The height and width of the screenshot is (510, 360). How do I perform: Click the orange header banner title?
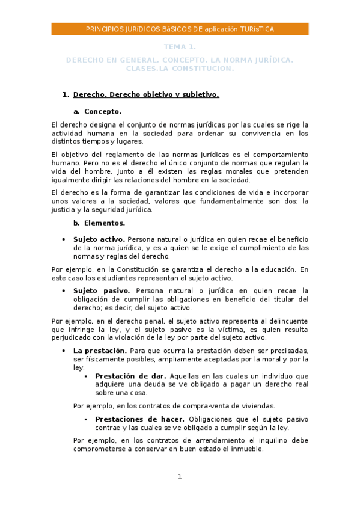click(180, 29)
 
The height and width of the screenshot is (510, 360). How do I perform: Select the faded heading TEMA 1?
click(180, 46)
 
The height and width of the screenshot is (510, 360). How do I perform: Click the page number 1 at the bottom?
click(179, 477)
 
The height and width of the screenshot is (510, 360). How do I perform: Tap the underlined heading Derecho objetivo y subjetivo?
click(146, 94)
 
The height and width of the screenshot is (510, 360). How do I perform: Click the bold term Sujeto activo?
click(99, 239)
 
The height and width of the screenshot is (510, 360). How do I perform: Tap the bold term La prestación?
click(100, 351)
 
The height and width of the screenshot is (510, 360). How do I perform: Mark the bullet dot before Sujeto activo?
click(64, 239)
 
